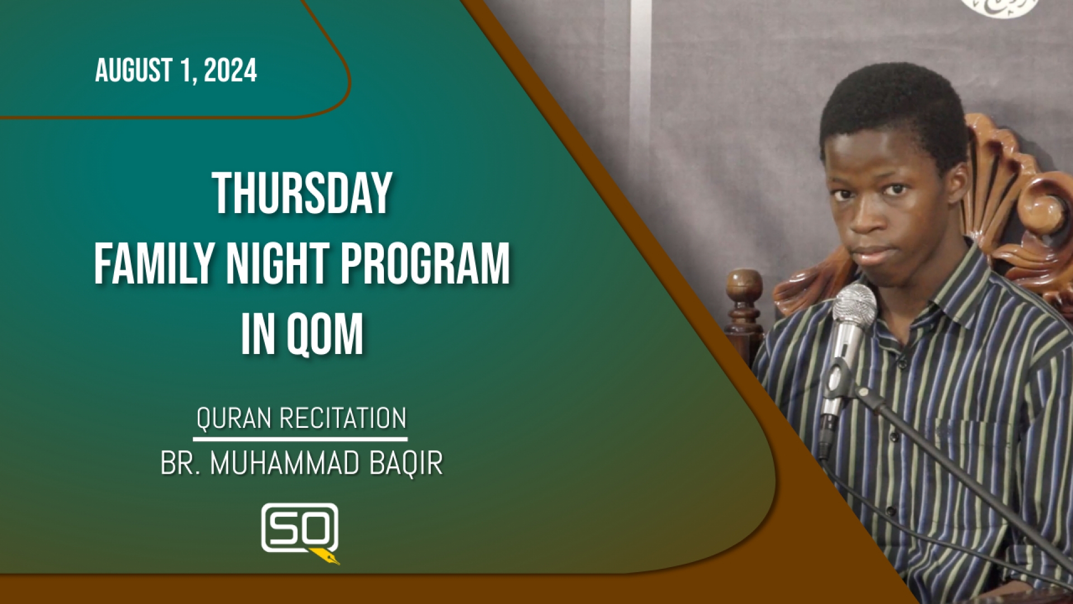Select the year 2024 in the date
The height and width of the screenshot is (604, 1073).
pos(230,70)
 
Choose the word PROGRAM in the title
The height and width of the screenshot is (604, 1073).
pos(425,264)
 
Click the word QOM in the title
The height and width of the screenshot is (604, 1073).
pos(325,335)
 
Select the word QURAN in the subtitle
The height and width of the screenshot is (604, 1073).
pos(234,418)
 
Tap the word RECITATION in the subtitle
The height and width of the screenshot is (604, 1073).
pos(343,418)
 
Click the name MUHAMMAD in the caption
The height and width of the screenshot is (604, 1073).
pos(285,464)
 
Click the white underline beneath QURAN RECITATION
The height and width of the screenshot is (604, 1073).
pos(300,439)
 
